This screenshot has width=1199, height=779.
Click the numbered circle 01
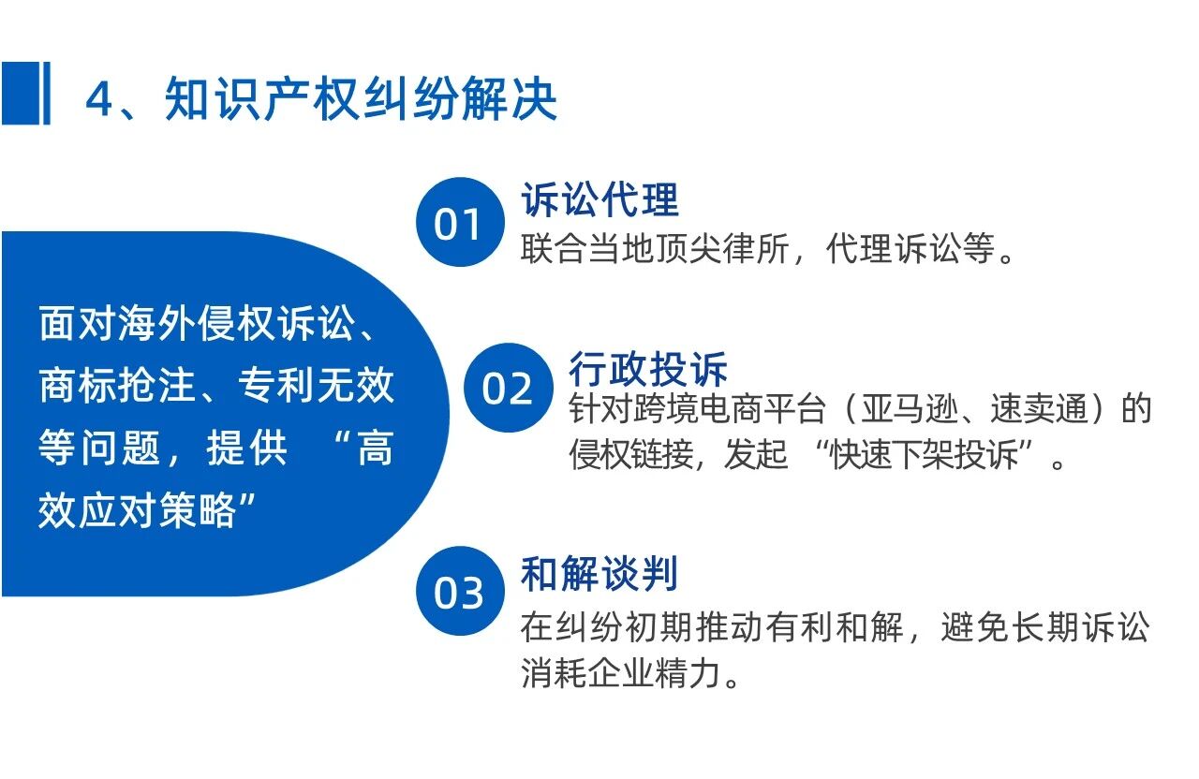click(460, 222)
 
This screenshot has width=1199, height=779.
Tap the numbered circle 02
click(508, 388)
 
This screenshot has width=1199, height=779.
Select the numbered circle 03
click(460, 591)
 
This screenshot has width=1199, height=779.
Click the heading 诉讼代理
click(600, 199)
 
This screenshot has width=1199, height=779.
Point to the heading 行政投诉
click(647, 369)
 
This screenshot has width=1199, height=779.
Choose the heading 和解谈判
click(599, 574)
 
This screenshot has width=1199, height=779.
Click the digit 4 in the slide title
click(99, 99)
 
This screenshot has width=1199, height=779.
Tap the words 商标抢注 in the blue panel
click(117, 385)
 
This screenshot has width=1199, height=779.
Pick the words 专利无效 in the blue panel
click(316, 385)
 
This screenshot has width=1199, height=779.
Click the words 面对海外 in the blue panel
click(117, 323)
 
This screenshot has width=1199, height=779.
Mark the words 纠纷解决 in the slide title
click(460, 99)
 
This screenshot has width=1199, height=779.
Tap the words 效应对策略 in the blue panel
click(137, 510)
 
